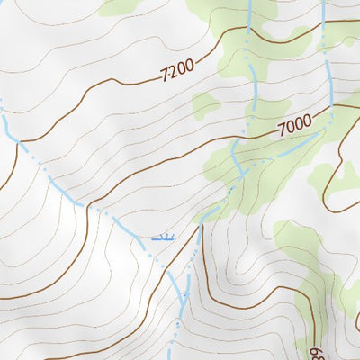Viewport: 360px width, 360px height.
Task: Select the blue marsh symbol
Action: click(163, 238)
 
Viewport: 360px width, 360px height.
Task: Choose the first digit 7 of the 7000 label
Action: click(283, 128)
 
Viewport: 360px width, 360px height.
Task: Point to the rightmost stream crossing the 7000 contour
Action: click(332, 107)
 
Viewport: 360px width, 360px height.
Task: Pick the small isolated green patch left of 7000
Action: click(205, 108)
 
